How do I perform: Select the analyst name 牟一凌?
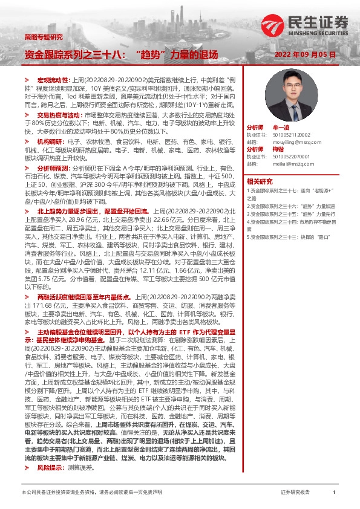(281, 128)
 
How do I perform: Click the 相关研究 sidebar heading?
(259, 181)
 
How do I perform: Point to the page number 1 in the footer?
(334, 493)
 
